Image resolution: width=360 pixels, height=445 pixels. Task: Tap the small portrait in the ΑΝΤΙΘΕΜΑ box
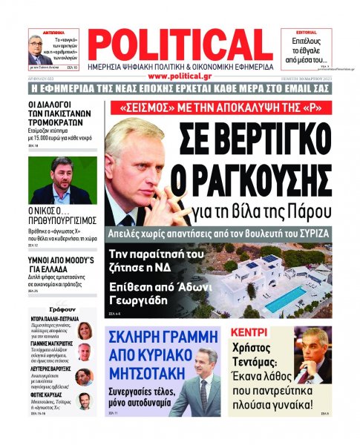[38, 50]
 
